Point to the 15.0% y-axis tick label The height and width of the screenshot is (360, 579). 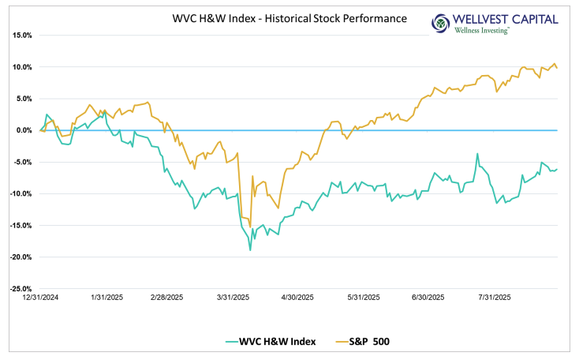(21, 36)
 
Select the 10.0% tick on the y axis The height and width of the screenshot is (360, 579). (21, 67)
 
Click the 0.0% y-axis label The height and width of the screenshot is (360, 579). (22, 130)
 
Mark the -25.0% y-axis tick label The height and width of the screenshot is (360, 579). (20, 289)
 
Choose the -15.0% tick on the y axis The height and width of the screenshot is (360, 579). (20, 225)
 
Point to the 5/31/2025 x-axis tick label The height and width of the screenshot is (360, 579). (363, 298)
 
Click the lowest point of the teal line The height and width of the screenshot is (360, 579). (250, 250)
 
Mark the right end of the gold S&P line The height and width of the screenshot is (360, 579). (558, 68)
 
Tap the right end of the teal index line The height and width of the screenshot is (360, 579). (558, 168)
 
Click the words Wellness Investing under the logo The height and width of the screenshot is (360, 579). (482, 30)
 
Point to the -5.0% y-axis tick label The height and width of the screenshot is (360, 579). (21, 162)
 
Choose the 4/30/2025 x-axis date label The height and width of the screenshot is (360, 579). (297, 298)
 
